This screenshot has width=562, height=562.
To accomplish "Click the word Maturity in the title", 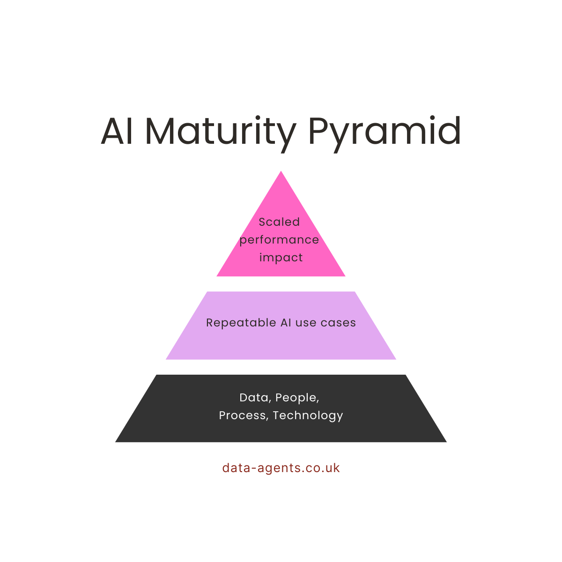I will [220, 131].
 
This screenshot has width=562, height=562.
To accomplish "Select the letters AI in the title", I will [117, 131].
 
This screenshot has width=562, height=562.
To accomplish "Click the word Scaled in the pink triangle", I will [279, 222].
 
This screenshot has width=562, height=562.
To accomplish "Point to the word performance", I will [279, 240].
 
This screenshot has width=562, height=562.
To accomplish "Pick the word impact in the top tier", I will [281, 258].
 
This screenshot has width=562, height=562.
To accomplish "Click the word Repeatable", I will [241, 323].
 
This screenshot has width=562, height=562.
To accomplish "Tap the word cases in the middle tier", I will [338, 323].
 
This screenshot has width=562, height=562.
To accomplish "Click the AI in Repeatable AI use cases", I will [286, 323].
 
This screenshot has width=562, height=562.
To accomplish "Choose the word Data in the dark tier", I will [254, 398].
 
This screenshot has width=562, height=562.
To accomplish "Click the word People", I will [297, 398].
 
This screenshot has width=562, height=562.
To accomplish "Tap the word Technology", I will [308, 416].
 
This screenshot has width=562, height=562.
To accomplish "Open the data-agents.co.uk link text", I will [281, 468].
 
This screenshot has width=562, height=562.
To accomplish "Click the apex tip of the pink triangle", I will [281, 171].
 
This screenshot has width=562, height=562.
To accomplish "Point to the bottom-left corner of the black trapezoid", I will [116, 442].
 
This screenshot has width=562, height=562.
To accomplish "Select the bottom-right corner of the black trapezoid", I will [446, 442].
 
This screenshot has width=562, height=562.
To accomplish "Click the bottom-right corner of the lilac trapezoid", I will [395, 359].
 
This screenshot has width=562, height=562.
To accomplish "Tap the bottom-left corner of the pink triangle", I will [217, 276].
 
